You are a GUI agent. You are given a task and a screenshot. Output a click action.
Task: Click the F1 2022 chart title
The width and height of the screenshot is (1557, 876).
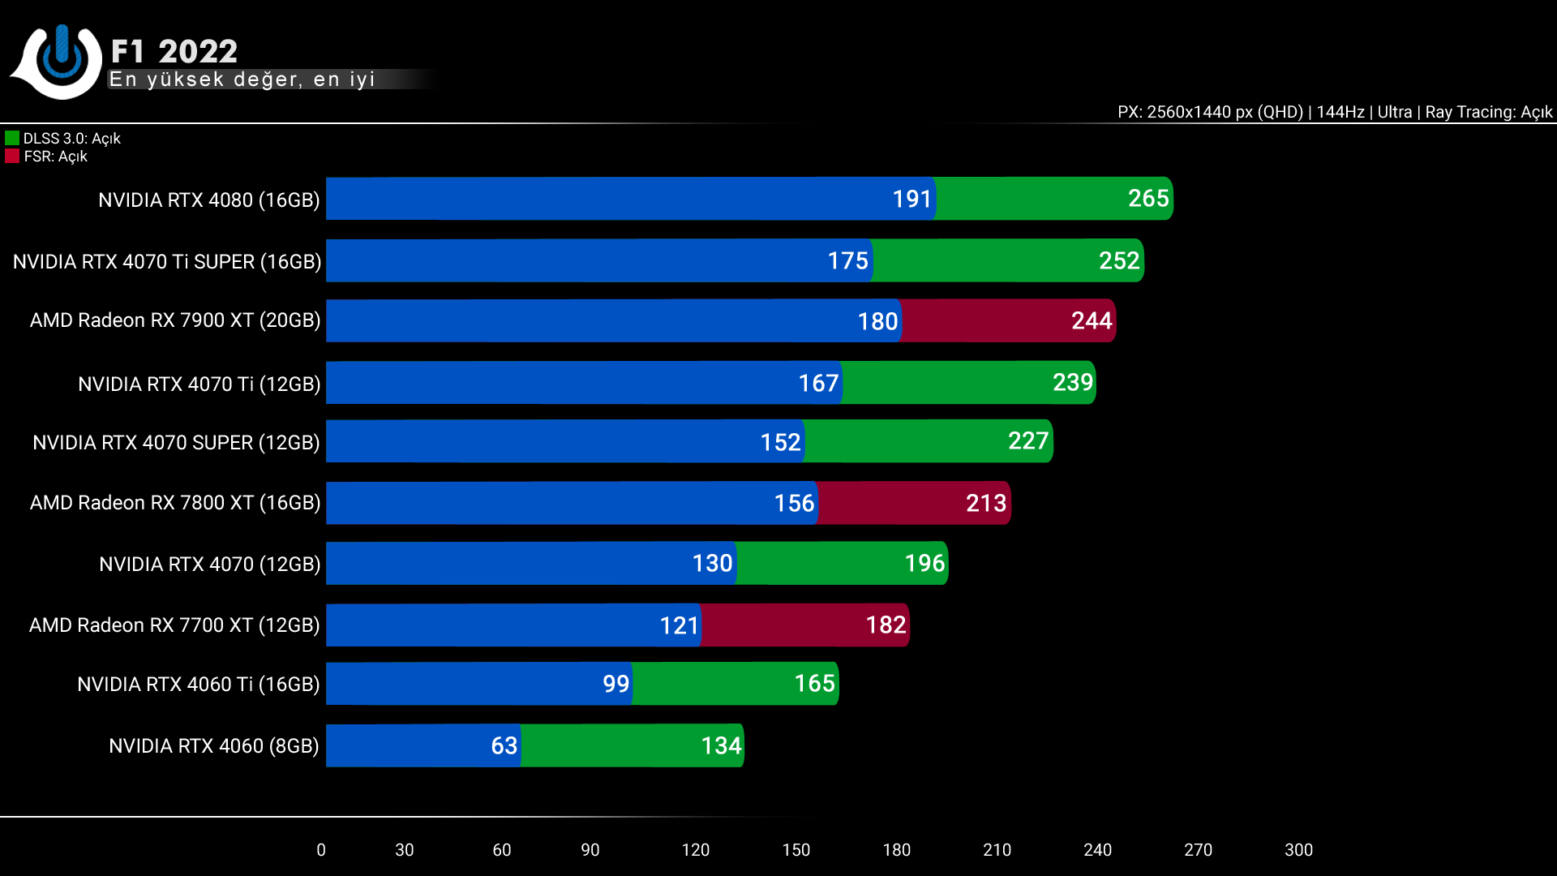pos(174,52)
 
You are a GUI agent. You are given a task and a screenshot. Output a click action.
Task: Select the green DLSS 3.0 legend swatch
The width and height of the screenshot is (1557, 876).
pos(12,139)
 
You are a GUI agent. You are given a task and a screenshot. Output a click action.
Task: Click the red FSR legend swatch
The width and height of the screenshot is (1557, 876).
pos(12,157)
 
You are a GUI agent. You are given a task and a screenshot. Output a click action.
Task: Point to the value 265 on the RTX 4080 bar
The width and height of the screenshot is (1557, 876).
pos(1147,199)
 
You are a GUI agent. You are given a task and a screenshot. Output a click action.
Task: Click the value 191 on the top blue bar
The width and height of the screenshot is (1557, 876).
pos(911,200)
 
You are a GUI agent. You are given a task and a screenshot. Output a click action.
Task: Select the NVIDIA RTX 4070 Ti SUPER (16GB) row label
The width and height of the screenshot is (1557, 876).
pos(167,262)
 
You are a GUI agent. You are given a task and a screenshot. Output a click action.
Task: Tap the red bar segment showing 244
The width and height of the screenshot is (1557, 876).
pos(1008,321)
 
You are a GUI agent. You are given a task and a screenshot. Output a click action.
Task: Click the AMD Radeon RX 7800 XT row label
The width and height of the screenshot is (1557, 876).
pos(175,503)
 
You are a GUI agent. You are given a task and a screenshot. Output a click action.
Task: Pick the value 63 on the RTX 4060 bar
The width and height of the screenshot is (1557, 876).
pos(504,746)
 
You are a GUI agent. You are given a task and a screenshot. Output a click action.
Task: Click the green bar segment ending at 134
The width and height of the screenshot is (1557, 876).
pos(632,746)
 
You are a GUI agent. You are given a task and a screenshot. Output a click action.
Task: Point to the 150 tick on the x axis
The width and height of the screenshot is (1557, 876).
pos(796,850)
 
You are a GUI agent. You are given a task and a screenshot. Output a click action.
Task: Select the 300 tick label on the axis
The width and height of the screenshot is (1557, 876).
pos(1298,850)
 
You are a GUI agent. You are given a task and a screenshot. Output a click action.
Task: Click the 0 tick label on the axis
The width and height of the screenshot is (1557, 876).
pos(321,850)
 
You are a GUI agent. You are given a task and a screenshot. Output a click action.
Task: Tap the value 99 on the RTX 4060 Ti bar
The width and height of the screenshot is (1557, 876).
pos(616,685)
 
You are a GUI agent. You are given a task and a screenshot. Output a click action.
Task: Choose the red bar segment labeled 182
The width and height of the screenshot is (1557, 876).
pos(804,625)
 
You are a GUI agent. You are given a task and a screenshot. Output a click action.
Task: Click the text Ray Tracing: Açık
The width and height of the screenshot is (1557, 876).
pos(1488,113)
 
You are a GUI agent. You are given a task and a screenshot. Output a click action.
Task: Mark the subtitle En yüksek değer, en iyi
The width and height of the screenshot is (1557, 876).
pos(242,79)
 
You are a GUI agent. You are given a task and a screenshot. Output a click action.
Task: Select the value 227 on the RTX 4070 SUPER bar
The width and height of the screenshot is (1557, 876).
pos(1027,441)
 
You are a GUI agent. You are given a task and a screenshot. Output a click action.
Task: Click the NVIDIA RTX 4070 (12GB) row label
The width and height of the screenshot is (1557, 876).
pos(209,565)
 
